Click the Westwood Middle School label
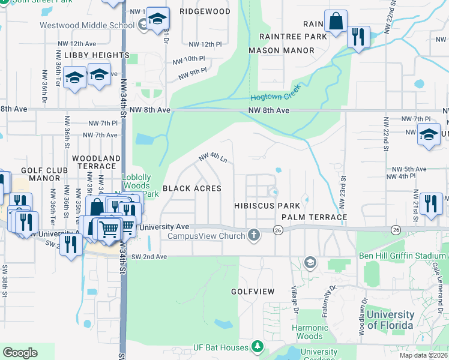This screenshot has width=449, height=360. [x=87, y=25]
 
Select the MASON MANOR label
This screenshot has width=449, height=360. [x=273, y=50]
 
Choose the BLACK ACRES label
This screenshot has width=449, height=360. [x=192, y=188]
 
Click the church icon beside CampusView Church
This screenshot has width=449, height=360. [x=254, y=235]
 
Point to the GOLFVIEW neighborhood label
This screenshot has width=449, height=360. [x=253, y=292]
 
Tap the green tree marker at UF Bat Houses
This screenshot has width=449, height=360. [x=257, y=346]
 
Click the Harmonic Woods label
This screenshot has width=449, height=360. [x=310, y=332]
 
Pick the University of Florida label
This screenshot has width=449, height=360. [x=390, y=320]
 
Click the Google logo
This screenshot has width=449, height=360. [x=20, y=353]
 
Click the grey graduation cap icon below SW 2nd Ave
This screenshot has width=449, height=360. [x=310, y=262]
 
